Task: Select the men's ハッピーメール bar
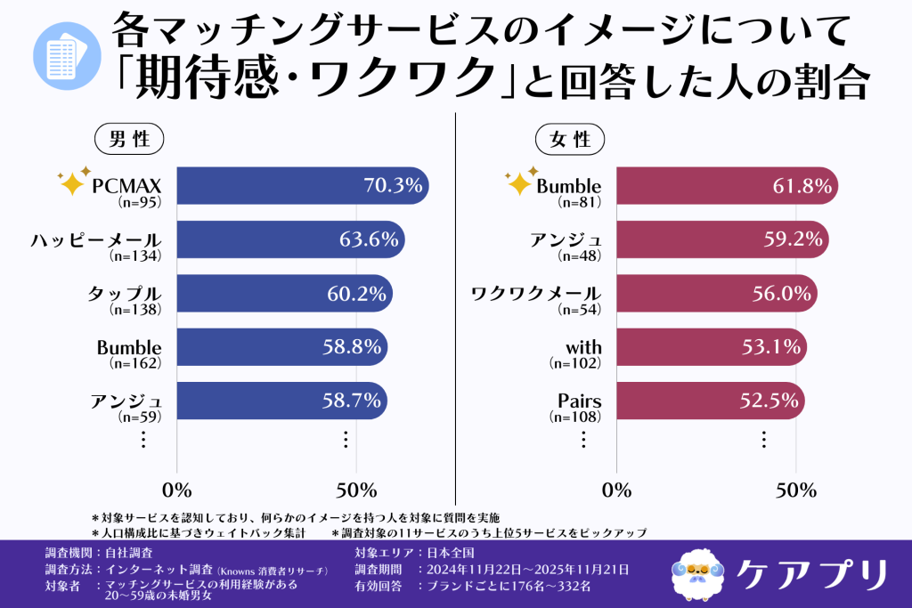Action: click(x=290, y=240)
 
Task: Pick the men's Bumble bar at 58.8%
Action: click(x=282, y=347)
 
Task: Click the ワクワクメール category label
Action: click(x=535, y=294)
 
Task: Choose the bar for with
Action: click(x=710, y=347)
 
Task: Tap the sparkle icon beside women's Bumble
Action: click(x=519, y=181)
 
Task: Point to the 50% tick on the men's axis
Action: click(x=355, y=490)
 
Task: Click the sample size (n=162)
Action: click(x=134, y=363)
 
